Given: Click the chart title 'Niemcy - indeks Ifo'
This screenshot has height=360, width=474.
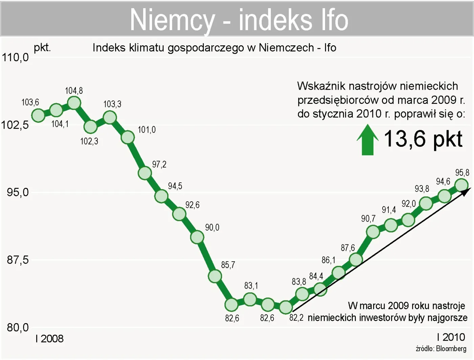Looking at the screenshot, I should click(x=239, y=20).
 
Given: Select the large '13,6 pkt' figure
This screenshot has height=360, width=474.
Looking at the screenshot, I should click(x=423, y=139).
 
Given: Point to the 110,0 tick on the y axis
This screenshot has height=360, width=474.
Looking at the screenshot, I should click(x=16, y=58).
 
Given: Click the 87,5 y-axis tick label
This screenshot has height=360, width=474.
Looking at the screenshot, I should click(x=18, y=260).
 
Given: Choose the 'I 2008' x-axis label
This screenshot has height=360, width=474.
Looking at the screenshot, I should click(x=49, y=338).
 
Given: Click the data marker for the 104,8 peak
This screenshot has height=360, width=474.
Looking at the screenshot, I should click(x=74, y=103).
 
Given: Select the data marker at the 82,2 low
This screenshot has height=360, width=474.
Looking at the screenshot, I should click(x=286, y=307).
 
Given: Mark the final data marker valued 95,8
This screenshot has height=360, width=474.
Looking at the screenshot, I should click(x=461, y=185).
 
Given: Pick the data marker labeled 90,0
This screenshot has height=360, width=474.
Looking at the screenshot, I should click(x=197, y=237).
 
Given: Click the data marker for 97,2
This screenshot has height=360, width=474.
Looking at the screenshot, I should click(x=145, y=173).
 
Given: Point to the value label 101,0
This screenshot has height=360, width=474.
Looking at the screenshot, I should click(x=147, y=130).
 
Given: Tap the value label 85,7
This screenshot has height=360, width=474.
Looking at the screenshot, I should click(x=228, y=265).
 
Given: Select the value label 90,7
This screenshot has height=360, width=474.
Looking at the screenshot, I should click(x=368, y=219).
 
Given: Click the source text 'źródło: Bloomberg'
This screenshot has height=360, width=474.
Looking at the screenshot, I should click(x=441, y=348).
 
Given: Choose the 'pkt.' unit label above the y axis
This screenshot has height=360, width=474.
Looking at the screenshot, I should click(x=42, y=47).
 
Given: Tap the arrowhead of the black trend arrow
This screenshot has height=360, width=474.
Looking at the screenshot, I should click(x=467, y=191).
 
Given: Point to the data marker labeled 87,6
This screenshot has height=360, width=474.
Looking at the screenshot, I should click(x=356, y=260).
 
